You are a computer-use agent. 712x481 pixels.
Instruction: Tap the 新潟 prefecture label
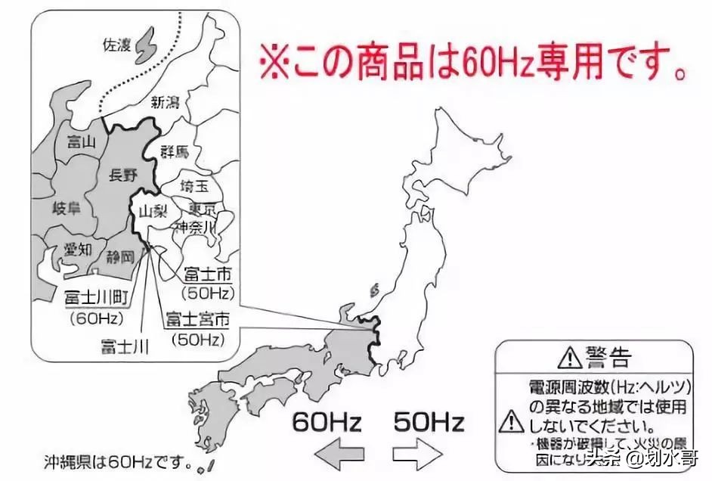[166, 101]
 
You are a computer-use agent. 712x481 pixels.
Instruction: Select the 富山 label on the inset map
[81, 141]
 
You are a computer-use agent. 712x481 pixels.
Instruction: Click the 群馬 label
[174, 152]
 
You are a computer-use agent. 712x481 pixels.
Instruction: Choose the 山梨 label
[153, 212]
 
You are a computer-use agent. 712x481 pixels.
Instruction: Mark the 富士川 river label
[125, 347]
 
